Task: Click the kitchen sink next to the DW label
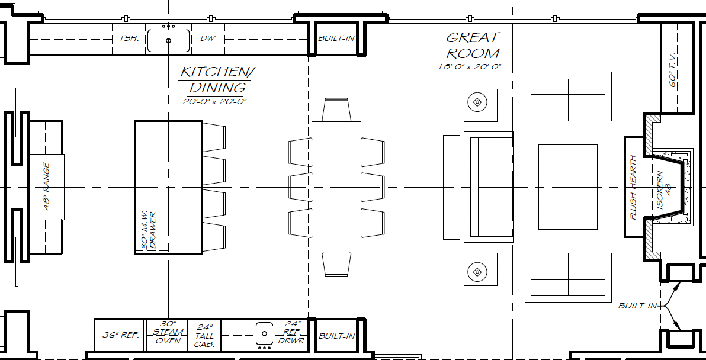[168, 40]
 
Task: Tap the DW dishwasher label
[206, 38]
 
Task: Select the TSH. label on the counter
[128, 38]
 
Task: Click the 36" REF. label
[120, 335]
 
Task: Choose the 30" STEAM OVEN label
[168, 332]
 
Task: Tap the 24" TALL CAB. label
[204, 336]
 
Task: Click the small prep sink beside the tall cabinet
[264, 335]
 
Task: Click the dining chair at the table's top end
[336, 110]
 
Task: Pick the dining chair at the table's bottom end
[336, 264]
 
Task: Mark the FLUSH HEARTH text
[634, 188]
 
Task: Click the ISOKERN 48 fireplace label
[664, 189]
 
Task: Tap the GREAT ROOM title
[472, 45]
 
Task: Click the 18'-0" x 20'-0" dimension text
[470, 66]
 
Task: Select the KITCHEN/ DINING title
[215, 80]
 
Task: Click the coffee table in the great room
[568, 187]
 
